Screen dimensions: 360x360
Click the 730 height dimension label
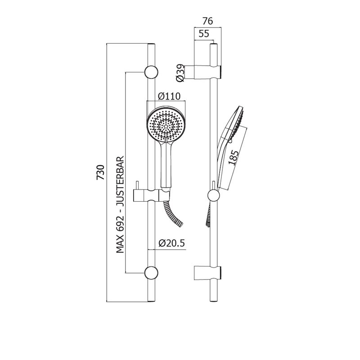[100, 172]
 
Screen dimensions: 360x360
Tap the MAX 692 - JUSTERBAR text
[120, 205]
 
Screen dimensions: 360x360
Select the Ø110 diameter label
[170, 96]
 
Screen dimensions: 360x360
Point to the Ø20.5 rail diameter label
[171, 243]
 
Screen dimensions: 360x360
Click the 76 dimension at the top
[207, 21]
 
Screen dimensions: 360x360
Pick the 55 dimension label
[204, 34]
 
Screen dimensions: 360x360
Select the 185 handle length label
[233, 157]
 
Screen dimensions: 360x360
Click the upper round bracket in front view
[151, 72]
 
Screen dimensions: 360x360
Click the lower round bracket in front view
[151, 273]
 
